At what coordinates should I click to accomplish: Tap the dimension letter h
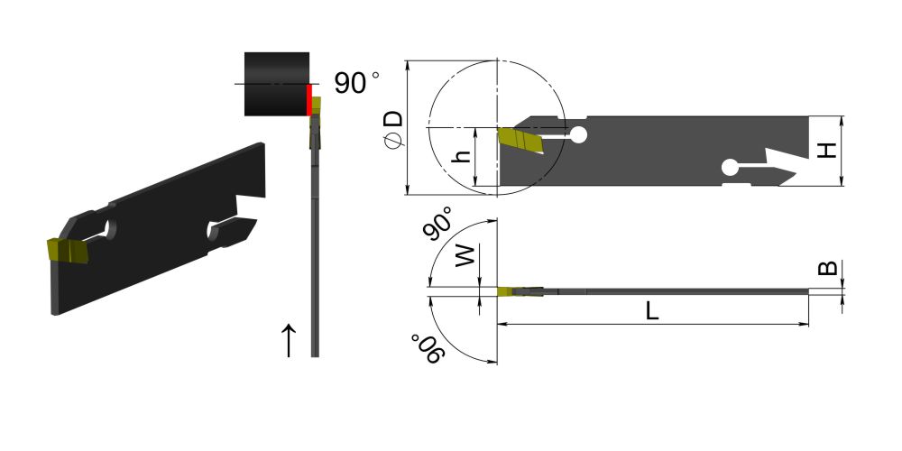coord(462,156)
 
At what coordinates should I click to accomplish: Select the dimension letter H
coord(824,151)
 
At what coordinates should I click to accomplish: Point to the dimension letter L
coord(651,311)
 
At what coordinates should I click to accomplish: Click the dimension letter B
coord(826,269)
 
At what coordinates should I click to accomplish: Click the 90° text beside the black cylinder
coord(356,83)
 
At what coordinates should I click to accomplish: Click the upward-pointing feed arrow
coord(289,340)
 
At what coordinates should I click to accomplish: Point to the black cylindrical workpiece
coord(276,84)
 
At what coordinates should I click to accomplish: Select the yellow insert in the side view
coord(520,140)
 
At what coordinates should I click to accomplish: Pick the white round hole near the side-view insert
coord(578,135)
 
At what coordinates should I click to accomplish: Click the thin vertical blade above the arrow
coord(314,244)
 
